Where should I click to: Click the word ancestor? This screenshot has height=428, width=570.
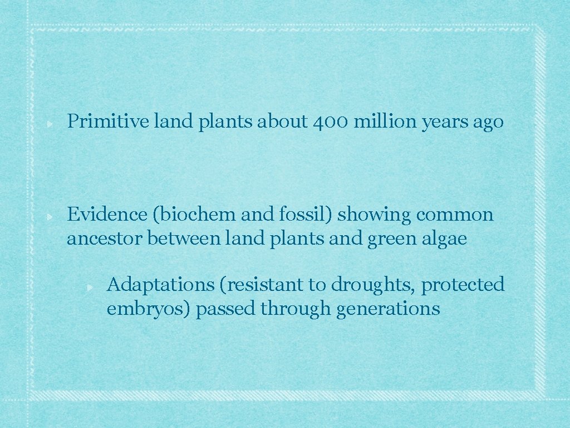click(x=104, y=239)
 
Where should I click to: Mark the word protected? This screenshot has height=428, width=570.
click(x=463, y=285)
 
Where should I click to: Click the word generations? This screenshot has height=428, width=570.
click(x=388, y=309)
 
